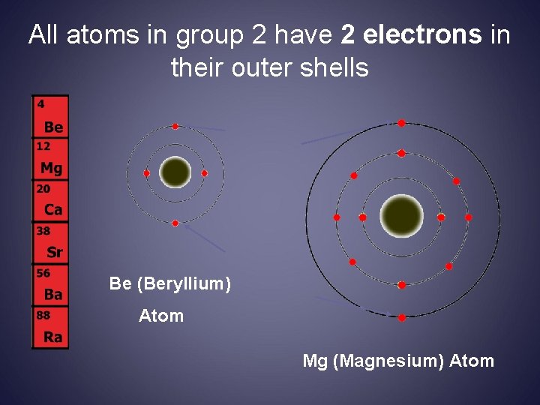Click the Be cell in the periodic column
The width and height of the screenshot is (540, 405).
point(50,116)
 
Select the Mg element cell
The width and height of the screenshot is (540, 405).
point(50,159)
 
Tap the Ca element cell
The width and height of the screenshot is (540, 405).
point(50,201)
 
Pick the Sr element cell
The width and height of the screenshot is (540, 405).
point(50,244)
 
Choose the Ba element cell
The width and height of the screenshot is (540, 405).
point(50,286)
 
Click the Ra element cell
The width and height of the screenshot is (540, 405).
point(50,328)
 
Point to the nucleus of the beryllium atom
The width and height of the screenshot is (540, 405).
point(175,172)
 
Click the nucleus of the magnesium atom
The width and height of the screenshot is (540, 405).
point(401,216)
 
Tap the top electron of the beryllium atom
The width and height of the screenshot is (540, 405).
point(175,126)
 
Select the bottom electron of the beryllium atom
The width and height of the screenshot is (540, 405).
point(175,223)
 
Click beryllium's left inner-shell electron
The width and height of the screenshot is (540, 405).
point(147,173)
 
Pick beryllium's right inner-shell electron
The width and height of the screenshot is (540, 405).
point(204,173)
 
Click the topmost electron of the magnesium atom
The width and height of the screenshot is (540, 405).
point(401,123)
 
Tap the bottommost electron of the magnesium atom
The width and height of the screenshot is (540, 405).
point(401,318)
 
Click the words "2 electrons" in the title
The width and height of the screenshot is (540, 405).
point(411,35)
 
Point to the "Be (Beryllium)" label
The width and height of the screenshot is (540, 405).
point(169,283)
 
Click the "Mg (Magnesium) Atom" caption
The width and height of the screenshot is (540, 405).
point(398,361)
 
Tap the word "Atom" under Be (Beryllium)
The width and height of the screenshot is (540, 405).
point(161,316)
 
